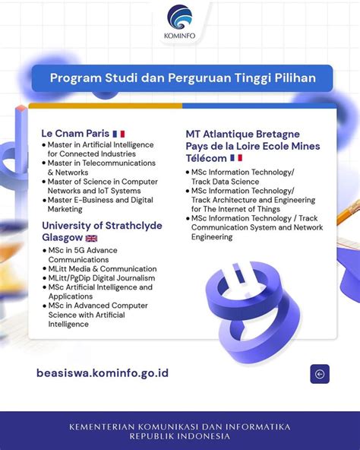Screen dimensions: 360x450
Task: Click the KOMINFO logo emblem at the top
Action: pyautogui.click(x=180, y=17)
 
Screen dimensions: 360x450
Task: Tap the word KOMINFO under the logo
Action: pyautogui.click(x=179, y=36)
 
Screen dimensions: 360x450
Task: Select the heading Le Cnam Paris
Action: pyautogui.click(x=75, y=134)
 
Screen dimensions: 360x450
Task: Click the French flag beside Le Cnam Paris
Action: pyautogui.click(x=118, y=134)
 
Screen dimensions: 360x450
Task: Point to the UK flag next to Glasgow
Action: pyautogui.click(x=91, y=238)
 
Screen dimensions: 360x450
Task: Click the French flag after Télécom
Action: pyautogui.click(x=236, y=158)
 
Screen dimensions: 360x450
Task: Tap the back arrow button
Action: pyautogui.click(x=320, y=374)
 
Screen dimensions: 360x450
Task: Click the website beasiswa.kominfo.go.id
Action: pyautogui.click(x=103, y=373)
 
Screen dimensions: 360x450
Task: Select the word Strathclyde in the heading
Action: pyautogui.click(x=134, y=226)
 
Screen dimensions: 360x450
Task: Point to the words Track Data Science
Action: pyautogui.click(x=225, y=182)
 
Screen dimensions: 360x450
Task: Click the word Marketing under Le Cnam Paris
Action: pyautogui.click(x=65, y=209)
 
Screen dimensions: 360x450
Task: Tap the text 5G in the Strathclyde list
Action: pyautogui.click(x=79, y=250)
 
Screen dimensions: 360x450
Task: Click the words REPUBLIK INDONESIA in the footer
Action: pyautogui.click(x=179, y=436)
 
